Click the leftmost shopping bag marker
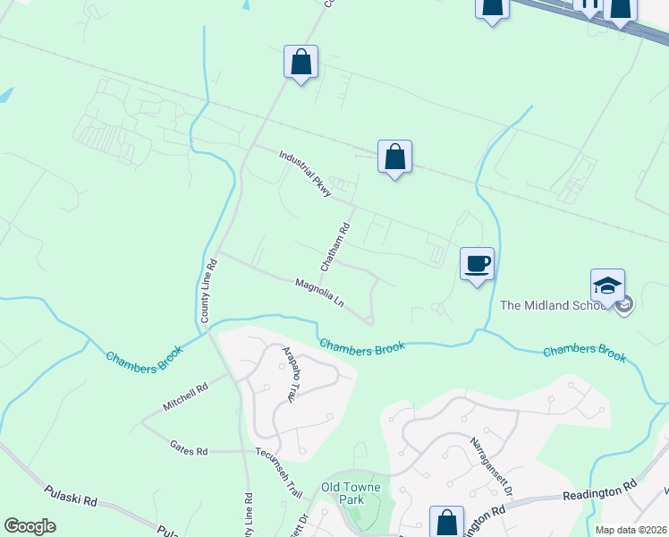point(301,63)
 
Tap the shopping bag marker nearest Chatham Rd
point(394,158)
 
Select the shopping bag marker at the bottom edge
point(446,523)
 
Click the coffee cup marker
point(477,264)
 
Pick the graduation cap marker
point(607,286)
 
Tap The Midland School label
point(559,305)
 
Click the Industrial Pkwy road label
point(306,173)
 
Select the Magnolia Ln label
point(320,293)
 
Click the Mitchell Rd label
point(185,397)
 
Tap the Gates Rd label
point(189,445)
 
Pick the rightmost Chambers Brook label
point(584,353)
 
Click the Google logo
point(30,525)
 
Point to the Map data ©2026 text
point(630,530)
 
